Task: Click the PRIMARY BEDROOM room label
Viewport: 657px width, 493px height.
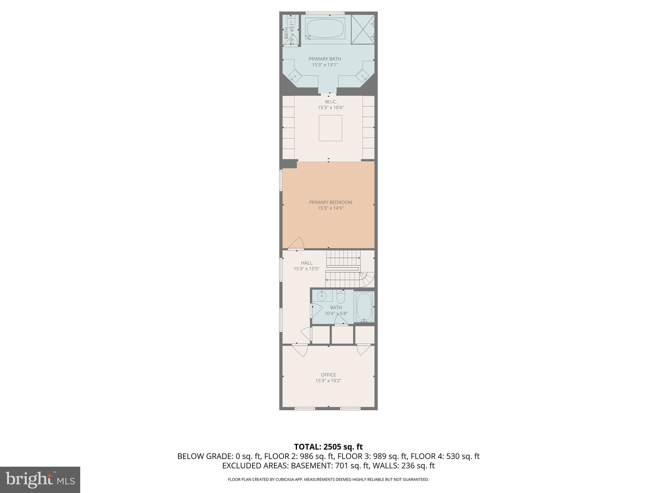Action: pos(330,202)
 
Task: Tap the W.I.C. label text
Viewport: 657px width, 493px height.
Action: pos(330,102)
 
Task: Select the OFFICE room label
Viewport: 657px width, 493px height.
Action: pos(328,375)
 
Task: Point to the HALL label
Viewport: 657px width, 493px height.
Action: pos(306,263)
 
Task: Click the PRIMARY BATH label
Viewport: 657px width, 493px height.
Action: pos(325,59)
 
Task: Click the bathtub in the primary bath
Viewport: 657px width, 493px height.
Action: pos(325,28)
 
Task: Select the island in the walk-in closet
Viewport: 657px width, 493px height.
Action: pos(330,128)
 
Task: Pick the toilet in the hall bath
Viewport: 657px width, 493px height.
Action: pos(340,297)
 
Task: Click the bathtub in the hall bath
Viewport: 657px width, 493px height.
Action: pos(364,307)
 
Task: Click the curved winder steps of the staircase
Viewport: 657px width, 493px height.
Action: pos(368,279)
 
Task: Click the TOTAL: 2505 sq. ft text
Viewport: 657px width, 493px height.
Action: pos(328,447)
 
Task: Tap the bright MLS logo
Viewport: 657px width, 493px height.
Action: pos(40,480)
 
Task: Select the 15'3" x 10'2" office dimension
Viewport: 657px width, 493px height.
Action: pos(328,381)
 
